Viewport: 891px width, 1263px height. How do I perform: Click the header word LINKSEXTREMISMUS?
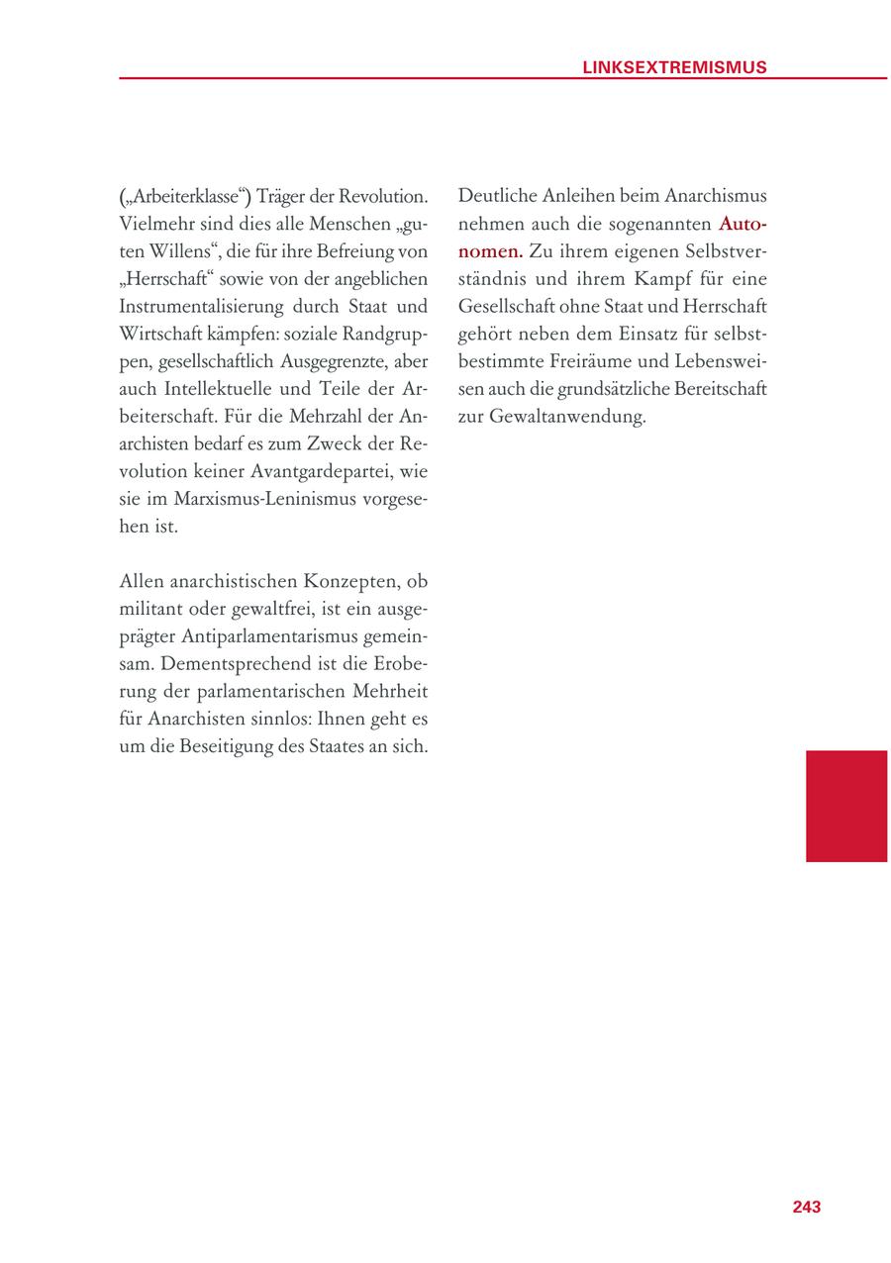(674, 67)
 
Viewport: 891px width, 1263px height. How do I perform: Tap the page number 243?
(806, 1207)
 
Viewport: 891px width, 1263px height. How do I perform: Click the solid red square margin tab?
(845, 806)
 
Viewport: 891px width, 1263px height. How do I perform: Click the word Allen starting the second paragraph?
(141, 581)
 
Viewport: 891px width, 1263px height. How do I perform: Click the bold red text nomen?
(490, 252)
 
